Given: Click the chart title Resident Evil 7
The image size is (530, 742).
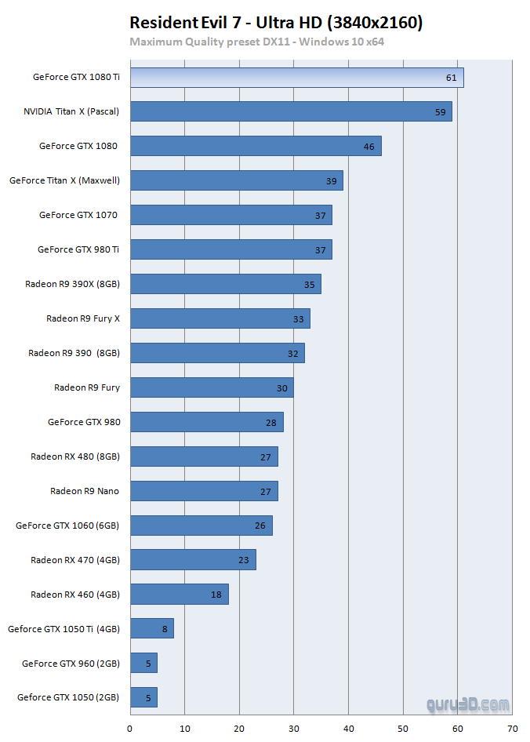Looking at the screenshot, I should pyautogui.click(x=276, y=23).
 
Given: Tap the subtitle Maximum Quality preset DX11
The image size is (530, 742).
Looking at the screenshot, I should pyautogui.click(x=256, y=42).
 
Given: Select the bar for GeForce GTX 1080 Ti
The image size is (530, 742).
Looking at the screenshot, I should pyautogui.click(x=296, y=78).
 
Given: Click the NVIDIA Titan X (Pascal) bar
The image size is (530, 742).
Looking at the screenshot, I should pyautogui.click(x=291, y=111).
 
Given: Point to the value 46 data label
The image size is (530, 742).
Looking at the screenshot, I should pyautogui.click(x=368, y=146).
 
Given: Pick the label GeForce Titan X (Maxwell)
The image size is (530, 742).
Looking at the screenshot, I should pyautogui.click(x=64, y=180).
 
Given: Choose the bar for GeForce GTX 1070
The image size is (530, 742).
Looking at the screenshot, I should pyautogui.click(x=231, y=215).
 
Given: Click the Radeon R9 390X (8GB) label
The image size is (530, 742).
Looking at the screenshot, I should pyautogui.click(x=72, y=284).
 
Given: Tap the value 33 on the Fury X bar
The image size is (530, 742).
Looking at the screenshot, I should pyautogui.click(x=298, y=318).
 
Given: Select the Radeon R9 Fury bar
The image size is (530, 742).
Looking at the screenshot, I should pyautogui.click(x=212, y=387).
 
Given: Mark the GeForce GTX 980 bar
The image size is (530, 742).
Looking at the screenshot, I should pyautogui.click(x=206, y=422).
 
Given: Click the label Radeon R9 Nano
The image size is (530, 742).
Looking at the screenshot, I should pyautogui.click(x=85, y=491).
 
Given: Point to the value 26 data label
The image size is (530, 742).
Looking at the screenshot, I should pyautogui.click(x=260, y=526).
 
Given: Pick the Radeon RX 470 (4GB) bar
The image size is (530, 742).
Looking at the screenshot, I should pyautogui.click(x=193, y=560).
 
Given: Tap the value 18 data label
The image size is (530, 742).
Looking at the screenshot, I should pyautogui.click(x=216, y=595).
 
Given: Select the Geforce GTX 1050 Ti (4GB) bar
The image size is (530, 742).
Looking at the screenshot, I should pyautogui.click(x=152, y=629).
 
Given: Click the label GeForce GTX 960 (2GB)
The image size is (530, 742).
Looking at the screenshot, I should pyautogui.click(x=71, y=664).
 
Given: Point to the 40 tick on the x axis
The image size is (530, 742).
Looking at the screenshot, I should pyautogui.click(x=348, y=729).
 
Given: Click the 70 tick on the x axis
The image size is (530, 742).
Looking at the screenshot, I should pyautogui.click(x=512, y=729).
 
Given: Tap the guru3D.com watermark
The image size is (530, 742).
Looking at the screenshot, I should pyautogui.click(x=468, y=705).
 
